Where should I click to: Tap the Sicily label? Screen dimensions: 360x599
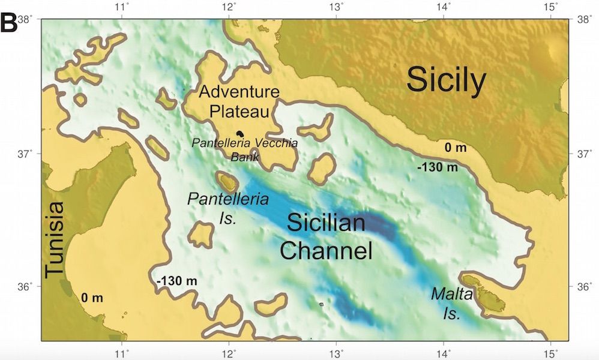(x=445, y=80)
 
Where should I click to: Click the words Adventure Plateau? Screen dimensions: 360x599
(x=239, y=102)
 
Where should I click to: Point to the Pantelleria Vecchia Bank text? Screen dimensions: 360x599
(x=244, y=149)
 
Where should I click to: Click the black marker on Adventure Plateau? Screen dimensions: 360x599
(x=241, y=134)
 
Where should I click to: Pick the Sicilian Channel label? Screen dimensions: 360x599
(x=326, y=236)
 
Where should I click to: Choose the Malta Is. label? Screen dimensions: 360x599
(x=451, y=304)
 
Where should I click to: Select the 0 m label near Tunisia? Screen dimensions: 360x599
(x=92, y=297)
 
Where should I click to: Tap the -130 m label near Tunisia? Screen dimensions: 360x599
(x=176, y=281)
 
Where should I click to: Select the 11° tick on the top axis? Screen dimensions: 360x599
(x=122, y=7)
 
